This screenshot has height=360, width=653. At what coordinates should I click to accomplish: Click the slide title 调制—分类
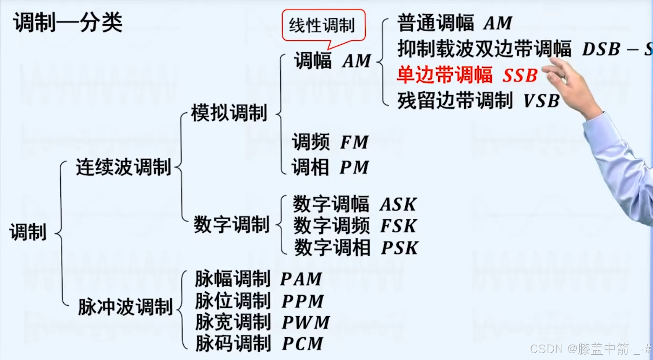point(68,22)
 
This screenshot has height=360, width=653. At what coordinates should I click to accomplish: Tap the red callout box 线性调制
point(323,26)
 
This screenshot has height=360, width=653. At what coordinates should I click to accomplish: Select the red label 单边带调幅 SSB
point(467,75)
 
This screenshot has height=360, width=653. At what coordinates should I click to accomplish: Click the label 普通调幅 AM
point(454,23)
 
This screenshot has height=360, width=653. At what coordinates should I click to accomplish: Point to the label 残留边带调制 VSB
point(478,101)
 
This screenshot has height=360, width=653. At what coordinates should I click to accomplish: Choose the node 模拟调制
point(229,113)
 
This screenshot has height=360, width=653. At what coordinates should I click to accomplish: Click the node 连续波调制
point(123,167)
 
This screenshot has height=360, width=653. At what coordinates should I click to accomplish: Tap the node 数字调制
point(231,225)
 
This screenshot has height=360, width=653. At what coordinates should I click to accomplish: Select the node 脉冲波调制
point(125,307)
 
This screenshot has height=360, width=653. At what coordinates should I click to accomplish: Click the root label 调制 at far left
point(28,232)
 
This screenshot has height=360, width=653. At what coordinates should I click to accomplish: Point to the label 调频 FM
point(330,142)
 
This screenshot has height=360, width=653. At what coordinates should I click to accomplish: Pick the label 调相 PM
point(330,167)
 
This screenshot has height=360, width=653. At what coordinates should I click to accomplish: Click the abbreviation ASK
point(398,205)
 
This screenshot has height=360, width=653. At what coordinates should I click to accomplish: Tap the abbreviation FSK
point(398,226)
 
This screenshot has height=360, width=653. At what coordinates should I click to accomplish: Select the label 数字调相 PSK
point(356,248)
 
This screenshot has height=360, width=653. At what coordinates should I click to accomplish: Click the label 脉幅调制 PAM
point(258,279)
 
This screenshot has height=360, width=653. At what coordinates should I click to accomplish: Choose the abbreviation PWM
point(306,323)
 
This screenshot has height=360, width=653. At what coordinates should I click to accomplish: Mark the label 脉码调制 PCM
point(259,344)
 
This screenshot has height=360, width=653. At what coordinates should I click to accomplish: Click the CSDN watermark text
point(590,349)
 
